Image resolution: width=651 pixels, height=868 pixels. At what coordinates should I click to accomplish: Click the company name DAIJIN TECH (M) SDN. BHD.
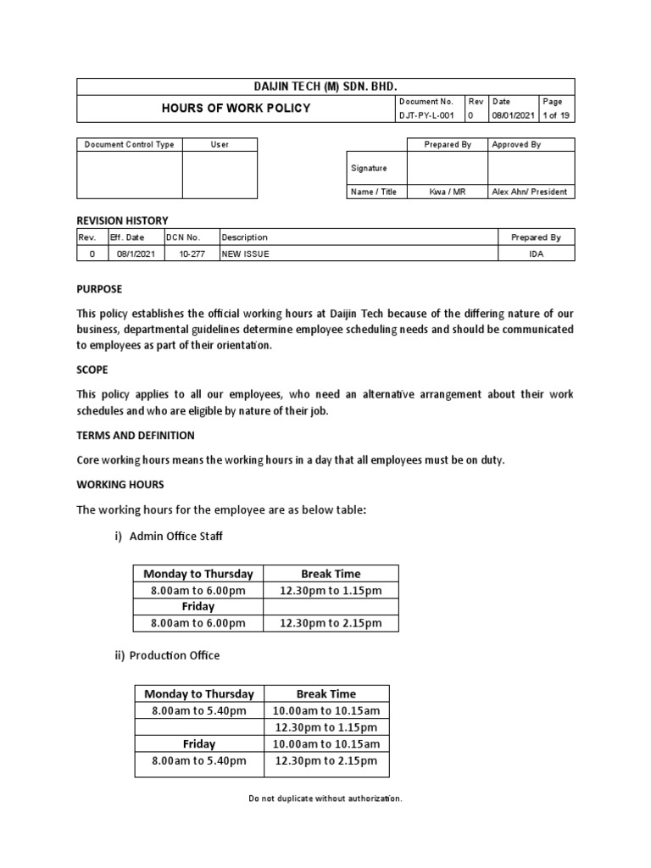pos(326,86)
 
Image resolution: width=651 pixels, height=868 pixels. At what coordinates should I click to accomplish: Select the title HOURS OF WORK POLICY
pos(236,108)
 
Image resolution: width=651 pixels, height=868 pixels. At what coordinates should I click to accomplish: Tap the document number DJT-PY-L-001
pos(426,115)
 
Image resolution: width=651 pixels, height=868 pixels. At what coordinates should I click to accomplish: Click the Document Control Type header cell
pos(130,145)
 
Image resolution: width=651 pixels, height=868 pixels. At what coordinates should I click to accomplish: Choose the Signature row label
pos(369,169)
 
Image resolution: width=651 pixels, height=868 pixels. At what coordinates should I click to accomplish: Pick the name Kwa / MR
pos(448,192)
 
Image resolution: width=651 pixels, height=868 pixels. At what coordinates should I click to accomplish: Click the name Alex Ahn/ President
pos(529,192)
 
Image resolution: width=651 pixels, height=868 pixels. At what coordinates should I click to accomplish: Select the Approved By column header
pos(516,145)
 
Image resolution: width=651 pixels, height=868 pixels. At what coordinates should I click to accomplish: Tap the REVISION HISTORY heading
pos(122,220)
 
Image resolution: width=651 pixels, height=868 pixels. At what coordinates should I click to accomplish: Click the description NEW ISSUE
pos(245,253)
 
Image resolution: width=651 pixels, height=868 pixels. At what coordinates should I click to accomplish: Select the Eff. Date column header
pos(128,237)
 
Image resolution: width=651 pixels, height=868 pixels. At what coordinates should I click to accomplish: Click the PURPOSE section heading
pos(99,289)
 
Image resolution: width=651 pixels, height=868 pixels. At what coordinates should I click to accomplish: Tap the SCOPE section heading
pos(92,370)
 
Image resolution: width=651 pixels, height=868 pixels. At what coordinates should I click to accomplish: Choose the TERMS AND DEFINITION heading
pos(136,435)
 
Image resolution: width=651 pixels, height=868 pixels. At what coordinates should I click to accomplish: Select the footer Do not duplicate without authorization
pos(325,798)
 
